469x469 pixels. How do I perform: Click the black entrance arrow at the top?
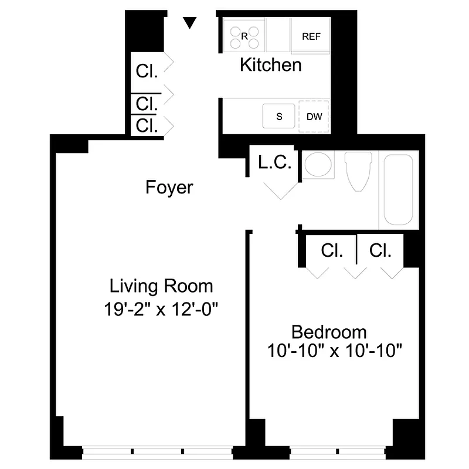click(x=189, y=22)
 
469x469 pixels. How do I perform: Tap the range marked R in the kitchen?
click(x=244, y=36)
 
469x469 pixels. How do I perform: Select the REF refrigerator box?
click(x=311, y=36)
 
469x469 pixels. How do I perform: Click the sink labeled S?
click(x=279, y=116)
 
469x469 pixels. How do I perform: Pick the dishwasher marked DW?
click(x=314, y=116)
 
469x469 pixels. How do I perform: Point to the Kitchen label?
click(x=270, y=65)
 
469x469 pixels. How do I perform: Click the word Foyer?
click(x=169, y=188)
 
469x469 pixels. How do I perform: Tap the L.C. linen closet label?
click(x=274, y=162)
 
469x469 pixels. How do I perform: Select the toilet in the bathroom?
click(x=358, y=171)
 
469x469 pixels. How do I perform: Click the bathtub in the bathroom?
click(x=399, y=189)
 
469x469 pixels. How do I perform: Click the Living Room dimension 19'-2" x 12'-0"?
click(x=161, y=308)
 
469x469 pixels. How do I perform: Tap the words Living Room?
click(x=161, y=287)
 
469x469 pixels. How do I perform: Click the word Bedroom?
click(x=329, y=332)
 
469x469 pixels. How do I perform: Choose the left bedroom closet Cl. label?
click(x=332, y=251)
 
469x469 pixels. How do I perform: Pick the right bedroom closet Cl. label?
click(x=380, y=251)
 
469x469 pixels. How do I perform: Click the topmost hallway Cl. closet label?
click(x=147, y=72)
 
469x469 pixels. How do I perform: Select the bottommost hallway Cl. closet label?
click(x=147, y=125)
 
